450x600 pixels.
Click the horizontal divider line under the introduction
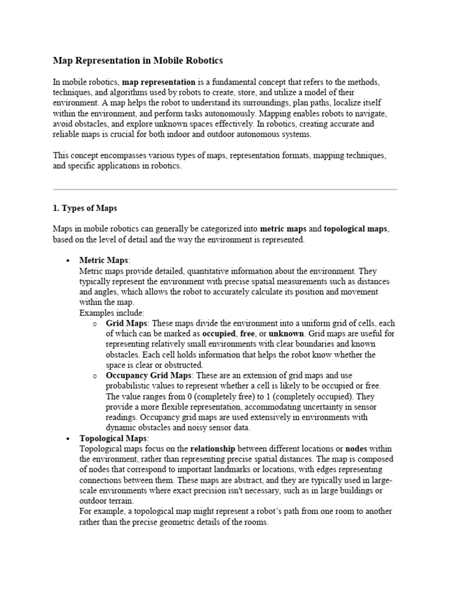225,189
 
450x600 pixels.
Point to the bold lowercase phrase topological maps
355,229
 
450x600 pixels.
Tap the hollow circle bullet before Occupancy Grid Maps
94,375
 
